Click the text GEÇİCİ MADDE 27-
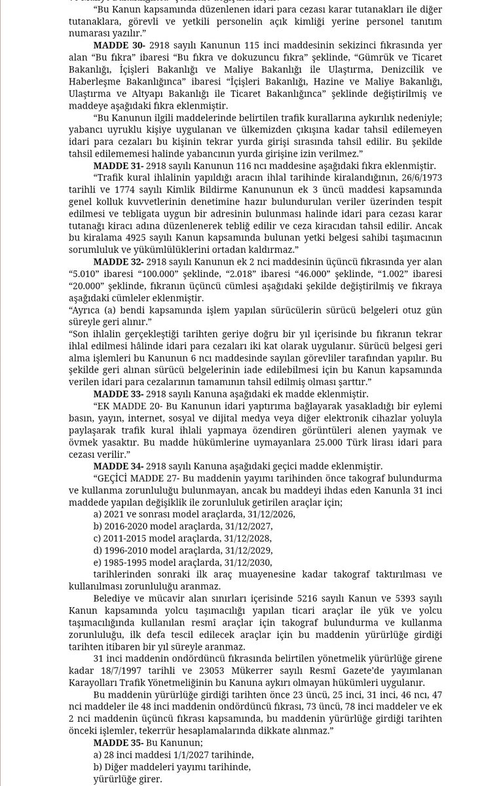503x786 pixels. [136, 478]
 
